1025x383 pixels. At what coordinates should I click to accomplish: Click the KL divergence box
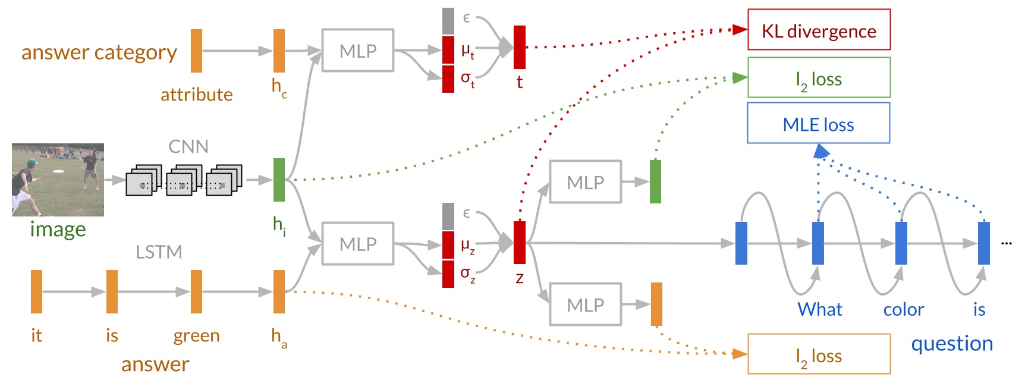[x=819, y=30]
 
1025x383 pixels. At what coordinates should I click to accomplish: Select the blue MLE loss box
[x=818, y=123]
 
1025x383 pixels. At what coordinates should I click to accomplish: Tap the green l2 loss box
[x=819, y=77]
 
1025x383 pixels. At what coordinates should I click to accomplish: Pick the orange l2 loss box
[x=819, y=354]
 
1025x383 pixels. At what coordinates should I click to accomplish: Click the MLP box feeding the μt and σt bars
[x=357, y=51]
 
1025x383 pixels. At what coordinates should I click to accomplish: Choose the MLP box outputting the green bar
[x=585, y=181]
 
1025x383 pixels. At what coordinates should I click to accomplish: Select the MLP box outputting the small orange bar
[x=585, y=304]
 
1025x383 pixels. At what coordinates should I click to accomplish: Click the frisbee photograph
[x=58, y=179]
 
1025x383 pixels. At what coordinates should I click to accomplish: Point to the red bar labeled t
[x=519, y=47]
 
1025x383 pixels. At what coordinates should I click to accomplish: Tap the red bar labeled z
[x=519, y=242]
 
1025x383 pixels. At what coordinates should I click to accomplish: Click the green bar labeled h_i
[x=279, y=179]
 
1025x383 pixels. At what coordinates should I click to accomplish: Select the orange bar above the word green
[x=196, y=291]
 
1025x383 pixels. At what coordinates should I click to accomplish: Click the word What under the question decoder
[x=819, y=309]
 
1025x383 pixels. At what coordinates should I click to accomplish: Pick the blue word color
[x=903, y=309]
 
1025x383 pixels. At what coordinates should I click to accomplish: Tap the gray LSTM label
[x=158, y=252]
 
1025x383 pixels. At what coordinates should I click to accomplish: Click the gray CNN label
[x=188, y=146]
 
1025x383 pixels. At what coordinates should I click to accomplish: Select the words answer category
[x=99, y=52]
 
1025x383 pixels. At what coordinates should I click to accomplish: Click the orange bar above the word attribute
[x=196, y=51]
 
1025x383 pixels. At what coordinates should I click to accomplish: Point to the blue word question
[x=952, y=343]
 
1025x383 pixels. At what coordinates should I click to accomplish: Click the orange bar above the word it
[x=36, y=291]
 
